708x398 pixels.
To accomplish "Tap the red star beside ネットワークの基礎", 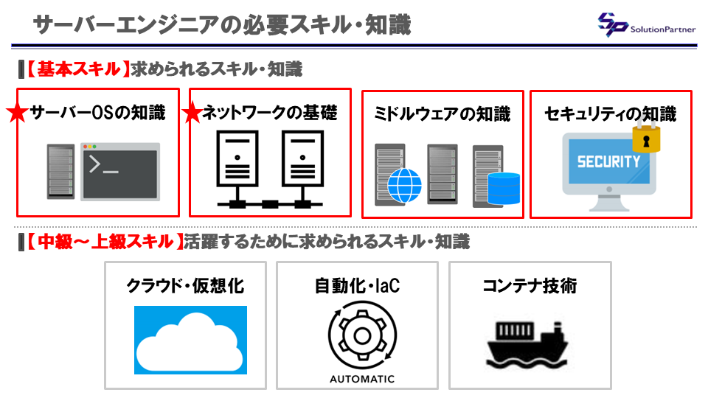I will (192, 114).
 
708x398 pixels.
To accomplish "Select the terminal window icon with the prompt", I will (120, 171).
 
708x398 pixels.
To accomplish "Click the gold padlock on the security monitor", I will (646, 137).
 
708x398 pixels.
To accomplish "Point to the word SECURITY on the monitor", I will (608, 162).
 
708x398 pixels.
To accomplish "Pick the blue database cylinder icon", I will (504, 188).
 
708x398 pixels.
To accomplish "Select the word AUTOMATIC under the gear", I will (361, 380).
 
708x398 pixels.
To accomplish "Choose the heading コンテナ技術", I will (530, 285).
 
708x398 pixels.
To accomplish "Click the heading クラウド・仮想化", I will (185, 285).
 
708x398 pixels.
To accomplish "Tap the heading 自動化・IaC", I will (357, 285).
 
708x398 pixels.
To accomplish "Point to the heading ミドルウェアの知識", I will (442, 114).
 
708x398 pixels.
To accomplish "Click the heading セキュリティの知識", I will (611, 114).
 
